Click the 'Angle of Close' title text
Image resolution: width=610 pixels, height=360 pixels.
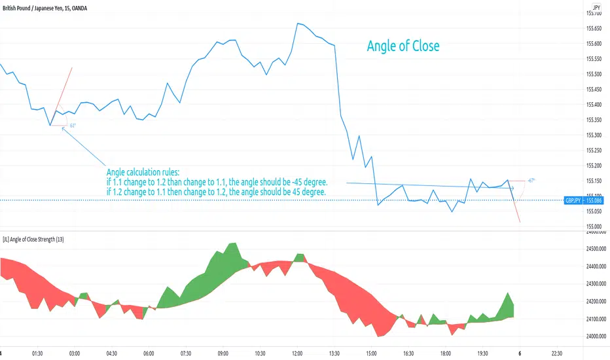coord(403,46)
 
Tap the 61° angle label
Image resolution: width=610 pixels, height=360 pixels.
coord(73,124)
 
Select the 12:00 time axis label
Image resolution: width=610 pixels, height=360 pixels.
coord(298,351)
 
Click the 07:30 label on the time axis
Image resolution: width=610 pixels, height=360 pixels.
coord(187,351)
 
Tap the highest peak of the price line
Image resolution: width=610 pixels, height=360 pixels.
coord(297,24)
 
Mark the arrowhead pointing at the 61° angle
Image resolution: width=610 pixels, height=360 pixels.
coord(63,128)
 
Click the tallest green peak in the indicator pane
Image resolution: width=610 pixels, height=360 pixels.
coord(231,244)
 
